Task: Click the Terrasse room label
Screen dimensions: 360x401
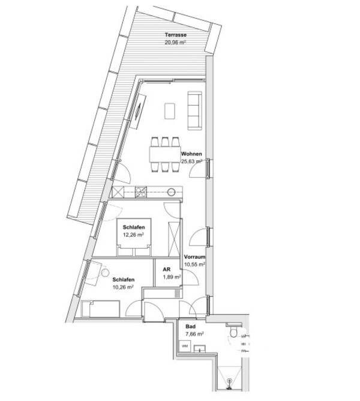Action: (175, 35)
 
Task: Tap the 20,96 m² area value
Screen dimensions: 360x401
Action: (175, 43)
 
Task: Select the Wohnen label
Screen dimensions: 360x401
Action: (191, 154)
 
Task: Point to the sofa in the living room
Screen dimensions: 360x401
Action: (194, 110)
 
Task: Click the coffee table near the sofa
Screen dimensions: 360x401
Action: (170, 110)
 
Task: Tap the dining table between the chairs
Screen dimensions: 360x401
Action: (165, 154)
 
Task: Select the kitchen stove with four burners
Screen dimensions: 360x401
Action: (141, 192)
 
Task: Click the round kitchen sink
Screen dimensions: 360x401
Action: (172, 191)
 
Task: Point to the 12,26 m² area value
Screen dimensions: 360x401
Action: (133, 235)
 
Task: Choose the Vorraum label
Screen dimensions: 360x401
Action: (194, 257)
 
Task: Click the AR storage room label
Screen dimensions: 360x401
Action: (167, 270)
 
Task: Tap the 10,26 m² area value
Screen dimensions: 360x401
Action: (123, 287)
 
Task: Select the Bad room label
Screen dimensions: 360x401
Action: (190, 327)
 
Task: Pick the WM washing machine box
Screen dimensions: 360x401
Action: (185, 346)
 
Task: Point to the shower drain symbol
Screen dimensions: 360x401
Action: (229, 381)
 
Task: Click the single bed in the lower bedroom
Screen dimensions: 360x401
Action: (101, 309)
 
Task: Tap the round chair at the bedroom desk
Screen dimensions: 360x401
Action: (105, 273)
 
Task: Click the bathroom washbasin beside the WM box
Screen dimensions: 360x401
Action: (200, 349)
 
